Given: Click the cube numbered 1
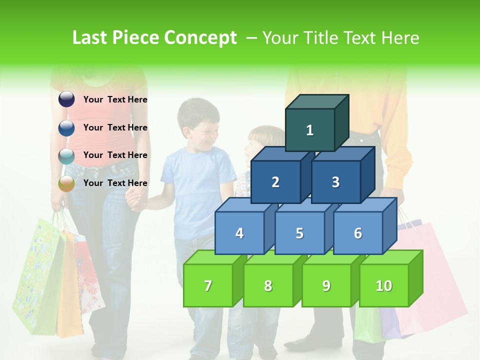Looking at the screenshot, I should pos(310,130).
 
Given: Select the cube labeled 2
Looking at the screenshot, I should pos(275,182).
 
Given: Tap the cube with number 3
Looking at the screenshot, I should pos(335,182).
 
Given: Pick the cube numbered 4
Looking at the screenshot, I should pos(239,233).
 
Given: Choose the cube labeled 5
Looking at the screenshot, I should pos(299,233).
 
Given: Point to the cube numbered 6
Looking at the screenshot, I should pos(358,233).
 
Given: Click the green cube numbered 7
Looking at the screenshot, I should pos(208,285).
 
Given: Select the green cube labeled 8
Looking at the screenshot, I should pos(268,285).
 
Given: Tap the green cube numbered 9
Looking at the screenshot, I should pos(326,285).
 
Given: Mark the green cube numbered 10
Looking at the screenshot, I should pos(384,285).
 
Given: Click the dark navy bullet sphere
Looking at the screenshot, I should pos(66,99).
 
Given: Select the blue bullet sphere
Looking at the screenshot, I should pos(66,127).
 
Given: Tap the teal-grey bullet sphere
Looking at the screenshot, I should pos(66,155).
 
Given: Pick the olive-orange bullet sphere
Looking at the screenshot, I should pos(66,183).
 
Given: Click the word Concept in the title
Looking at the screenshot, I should pos(200,38).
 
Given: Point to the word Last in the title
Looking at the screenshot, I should pos(91,38).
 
